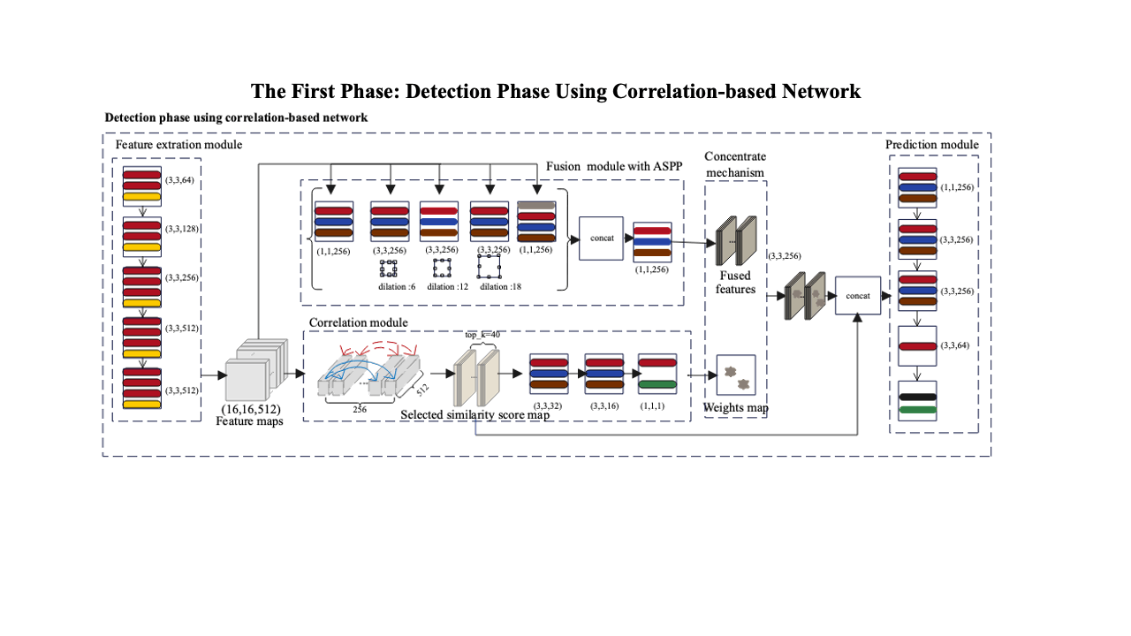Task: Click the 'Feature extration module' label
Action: (x=179, y=144)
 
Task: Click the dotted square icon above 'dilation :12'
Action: (x=442, y=267)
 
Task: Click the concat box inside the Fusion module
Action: (x=602, y=238)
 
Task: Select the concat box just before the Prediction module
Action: (x=858, y=295)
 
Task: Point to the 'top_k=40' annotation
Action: (x=482, y=336)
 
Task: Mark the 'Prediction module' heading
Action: (x=932, y=145)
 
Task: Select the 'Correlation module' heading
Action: (x=358, y=322)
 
